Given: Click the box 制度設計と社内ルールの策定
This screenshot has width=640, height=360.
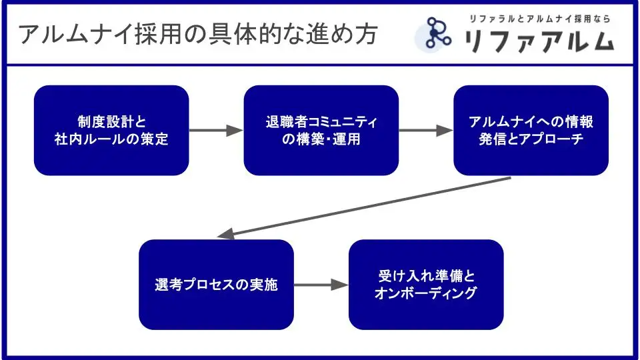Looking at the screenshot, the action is coord(111,130).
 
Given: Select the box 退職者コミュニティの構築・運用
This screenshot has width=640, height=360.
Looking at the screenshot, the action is coord(321,130).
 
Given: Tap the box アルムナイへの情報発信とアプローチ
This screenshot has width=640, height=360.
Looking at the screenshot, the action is coord(531,130).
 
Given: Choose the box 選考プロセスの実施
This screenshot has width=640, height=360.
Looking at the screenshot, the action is coord(216,285).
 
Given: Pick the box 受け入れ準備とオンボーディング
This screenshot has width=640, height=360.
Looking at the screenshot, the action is coord(426,285).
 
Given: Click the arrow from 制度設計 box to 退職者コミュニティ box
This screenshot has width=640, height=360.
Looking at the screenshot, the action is coord(216,131).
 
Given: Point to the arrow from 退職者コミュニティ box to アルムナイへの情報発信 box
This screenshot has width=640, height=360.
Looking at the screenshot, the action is coord(426,131).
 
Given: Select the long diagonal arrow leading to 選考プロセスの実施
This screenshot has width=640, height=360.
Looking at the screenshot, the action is coord(364,207).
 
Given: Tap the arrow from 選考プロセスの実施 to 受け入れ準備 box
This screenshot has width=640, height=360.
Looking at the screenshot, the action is coord(321,285).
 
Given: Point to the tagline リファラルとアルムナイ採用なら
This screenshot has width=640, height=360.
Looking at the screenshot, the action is coord(539,19).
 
